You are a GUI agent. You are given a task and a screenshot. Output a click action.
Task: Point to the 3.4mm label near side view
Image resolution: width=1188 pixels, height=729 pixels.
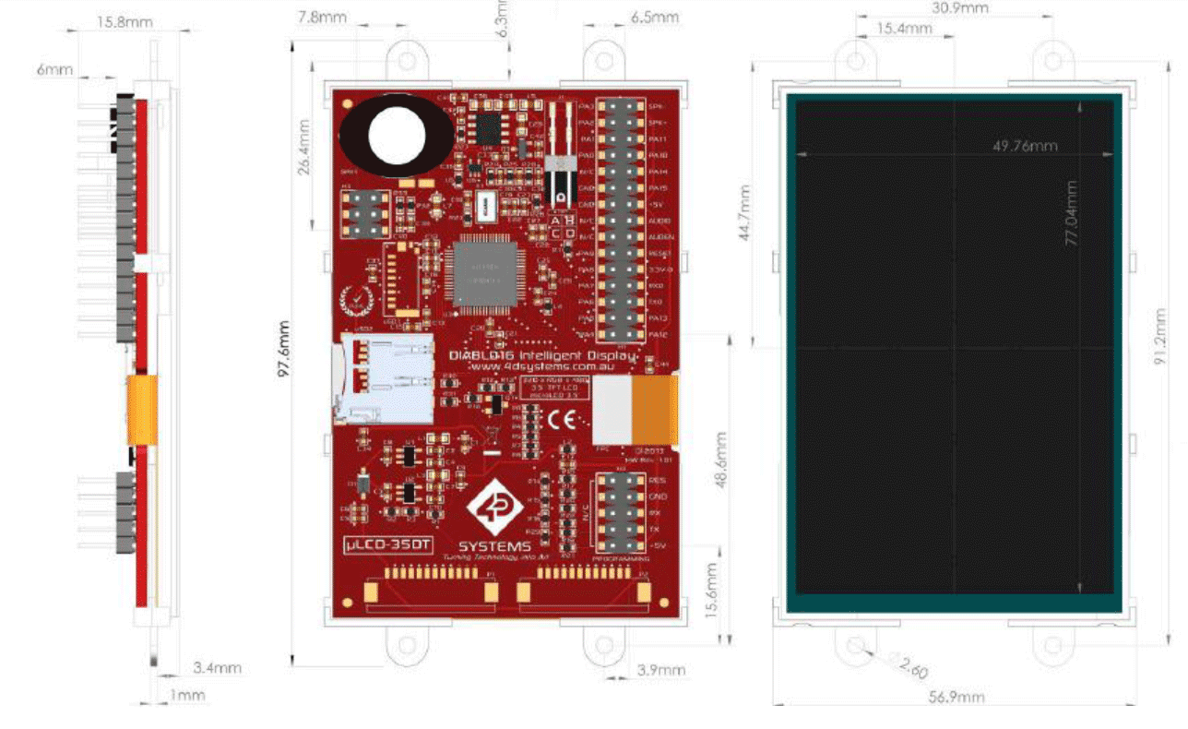tap(218, 667)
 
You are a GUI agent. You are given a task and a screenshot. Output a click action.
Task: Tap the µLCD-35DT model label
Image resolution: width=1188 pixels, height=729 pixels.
tap(387, 544)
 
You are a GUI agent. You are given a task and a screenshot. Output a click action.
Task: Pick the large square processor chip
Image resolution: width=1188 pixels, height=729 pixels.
tap(481, 274)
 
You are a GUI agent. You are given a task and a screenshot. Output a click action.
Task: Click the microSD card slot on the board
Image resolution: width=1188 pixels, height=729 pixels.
tap(383, 379)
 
